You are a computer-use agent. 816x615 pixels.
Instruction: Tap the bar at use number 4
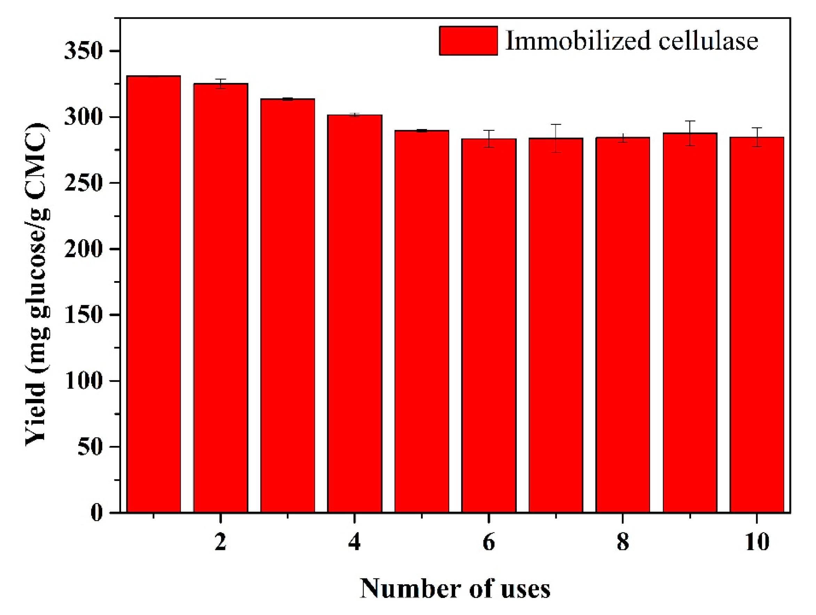pos(355,314)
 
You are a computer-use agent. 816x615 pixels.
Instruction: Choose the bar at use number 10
pos(756,325)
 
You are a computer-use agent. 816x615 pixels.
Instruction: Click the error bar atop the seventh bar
pos(556,138)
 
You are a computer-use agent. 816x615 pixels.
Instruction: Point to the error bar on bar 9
pos(690,133)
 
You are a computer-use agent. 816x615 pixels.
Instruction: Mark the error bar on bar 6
pos(489,139)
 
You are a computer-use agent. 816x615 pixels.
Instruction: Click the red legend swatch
pos(468,41)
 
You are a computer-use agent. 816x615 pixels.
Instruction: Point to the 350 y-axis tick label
pos(83,51)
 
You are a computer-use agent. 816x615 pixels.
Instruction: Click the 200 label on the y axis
pos(83,249)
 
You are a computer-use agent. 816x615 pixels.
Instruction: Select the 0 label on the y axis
pos(96,513)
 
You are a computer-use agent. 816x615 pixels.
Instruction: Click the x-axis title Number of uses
pos(455,589)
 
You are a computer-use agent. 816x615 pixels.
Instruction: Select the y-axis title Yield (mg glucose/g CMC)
pos(37,284)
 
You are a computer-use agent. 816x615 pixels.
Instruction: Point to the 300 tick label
pos(83,117)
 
